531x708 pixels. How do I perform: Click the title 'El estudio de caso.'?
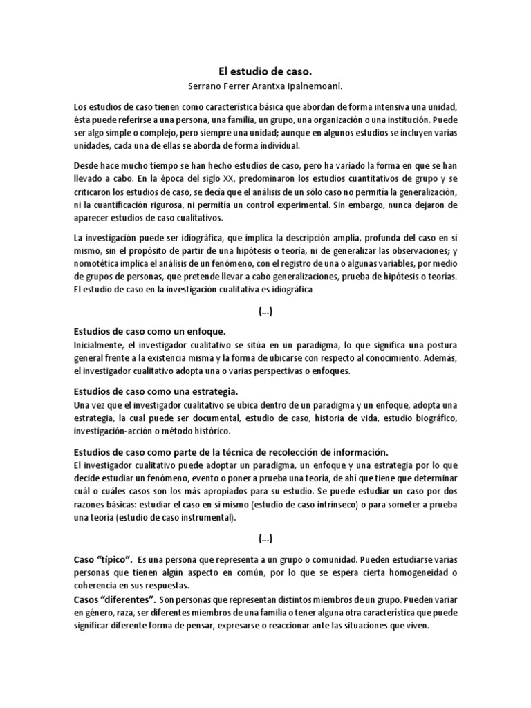(x=265, y=71)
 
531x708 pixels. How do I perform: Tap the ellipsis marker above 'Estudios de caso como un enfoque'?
(x=265, y=312)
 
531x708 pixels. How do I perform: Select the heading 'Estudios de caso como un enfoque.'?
(x=150, y=331)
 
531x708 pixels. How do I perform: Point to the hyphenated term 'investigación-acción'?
(x=116, y=431)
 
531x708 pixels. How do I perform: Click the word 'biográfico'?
(x=436, y=418)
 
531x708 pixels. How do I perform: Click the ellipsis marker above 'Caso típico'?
(x=265, y=539)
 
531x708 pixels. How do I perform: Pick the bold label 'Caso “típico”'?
(x=102, y=558)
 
